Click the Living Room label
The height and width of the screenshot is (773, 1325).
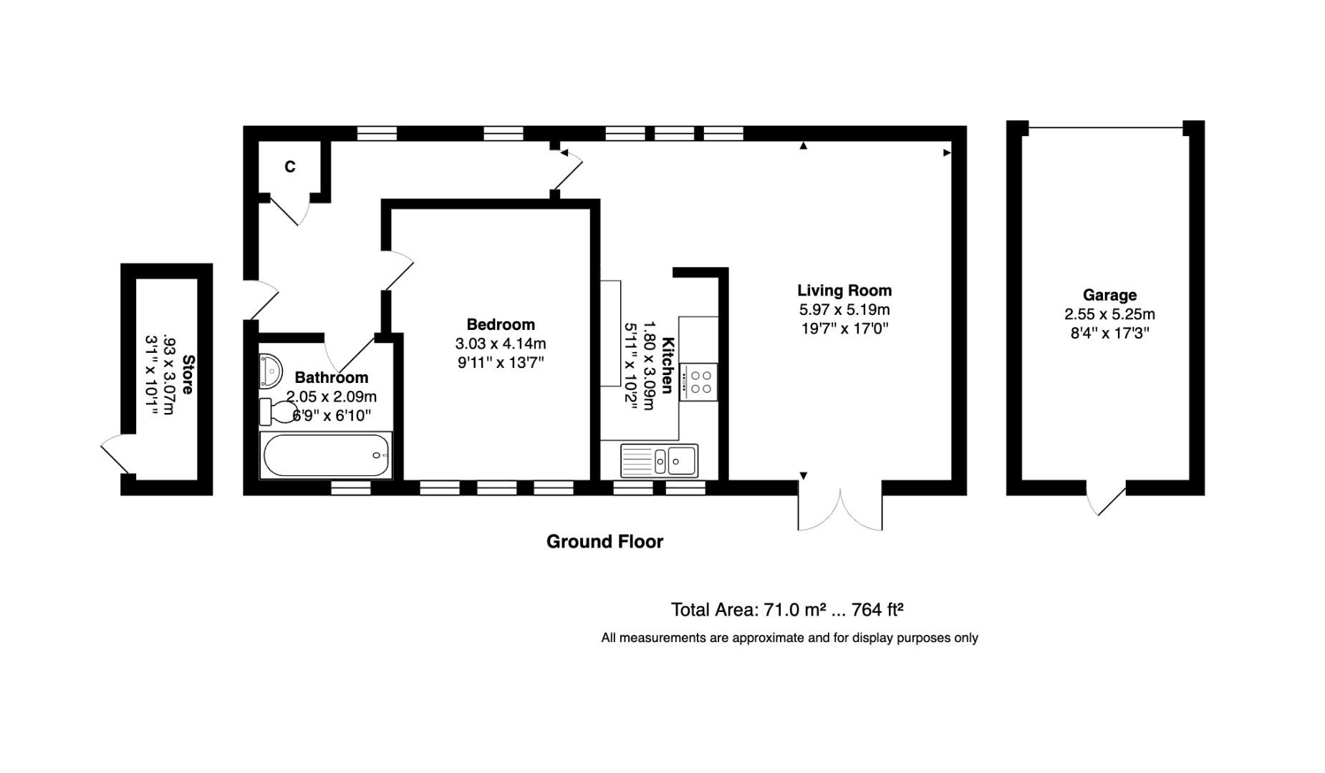point(844,291)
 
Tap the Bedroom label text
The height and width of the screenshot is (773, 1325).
point(500,324)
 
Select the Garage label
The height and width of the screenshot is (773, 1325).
point(1109,295)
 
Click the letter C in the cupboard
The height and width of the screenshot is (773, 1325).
point(289,167)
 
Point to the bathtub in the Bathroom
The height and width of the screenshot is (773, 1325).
point(326,455)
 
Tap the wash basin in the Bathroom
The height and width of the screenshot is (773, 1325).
point(270,371)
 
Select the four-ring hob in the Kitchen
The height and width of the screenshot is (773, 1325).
point(698,382)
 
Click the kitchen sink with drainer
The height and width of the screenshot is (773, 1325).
point(659,460)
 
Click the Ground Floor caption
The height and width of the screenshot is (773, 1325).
point(604,542)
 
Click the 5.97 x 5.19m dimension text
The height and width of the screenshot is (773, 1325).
point(844,310)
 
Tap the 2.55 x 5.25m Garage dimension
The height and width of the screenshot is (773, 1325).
point(1109,314)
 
